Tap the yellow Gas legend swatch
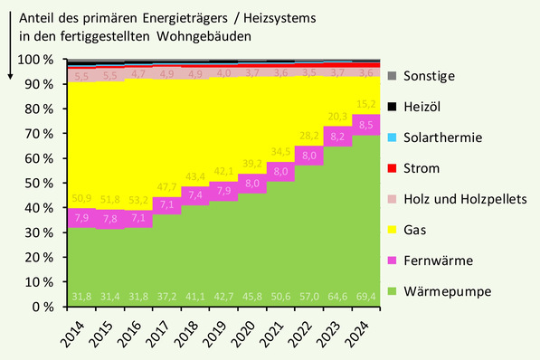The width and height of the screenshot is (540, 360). (x=391, y=230)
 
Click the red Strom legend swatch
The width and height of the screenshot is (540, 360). (x=391, y=168)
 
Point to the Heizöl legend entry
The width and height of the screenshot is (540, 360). (x=425, y=107)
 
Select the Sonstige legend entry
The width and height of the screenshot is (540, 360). (x=429, y=77)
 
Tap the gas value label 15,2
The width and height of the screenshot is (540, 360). (x=365, y=103)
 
